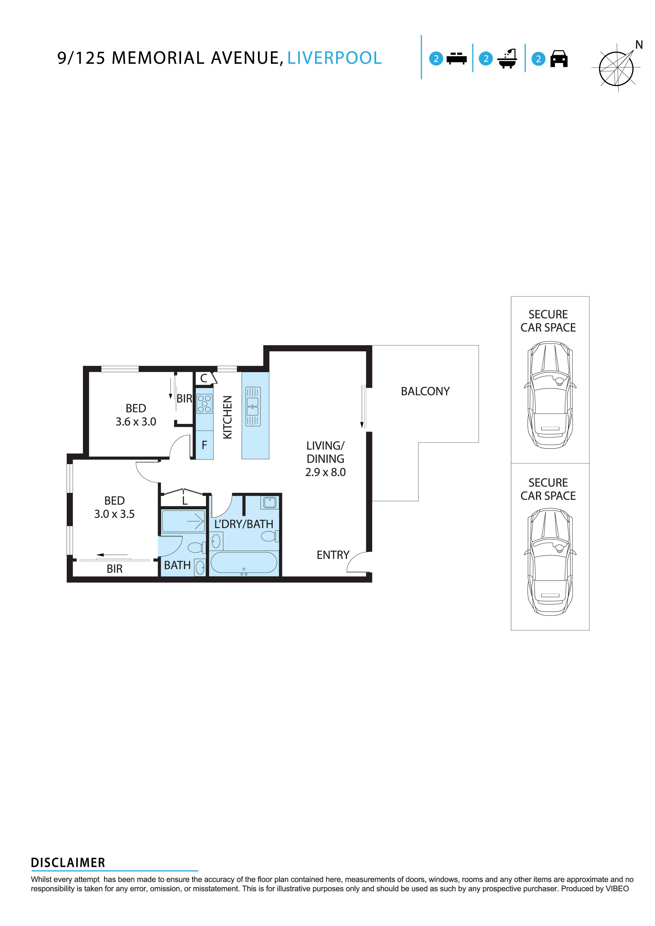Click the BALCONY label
click(x=425, y=391)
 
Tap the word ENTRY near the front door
click(x=333, y=555)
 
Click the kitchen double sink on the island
click(x=253, y=407)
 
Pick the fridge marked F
click(x=204, y=445)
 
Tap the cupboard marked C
click(x=204, y=378)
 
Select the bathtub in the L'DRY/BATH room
click(x=244, y=562)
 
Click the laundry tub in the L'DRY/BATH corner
click(x=270, y=502)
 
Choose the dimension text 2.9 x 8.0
click(x=325, y=472)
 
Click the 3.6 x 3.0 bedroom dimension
click(x=136, y=422)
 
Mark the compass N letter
click(x=639, y=45)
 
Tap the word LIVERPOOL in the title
click(x=334, y=58)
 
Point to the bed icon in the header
click(x=456, y=59)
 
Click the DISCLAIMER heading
click(x=68, y=863)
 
